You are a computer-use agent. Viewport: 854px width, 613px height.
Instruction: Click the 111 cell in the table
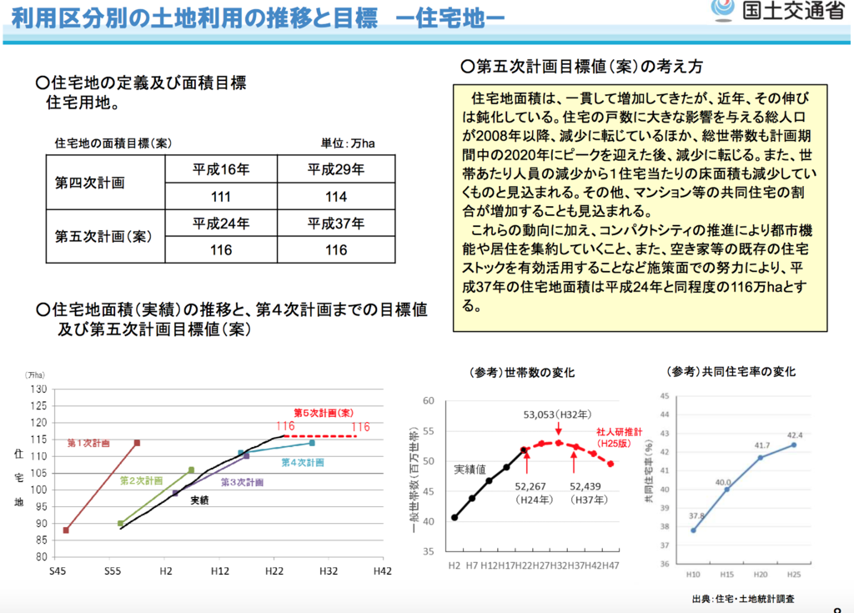(221, 196)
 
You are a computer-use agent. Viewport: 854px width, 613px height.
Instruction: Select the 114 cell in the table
(336, 196)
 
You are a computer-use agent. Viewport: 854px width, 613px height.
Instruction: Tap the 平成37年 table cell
(336, 223)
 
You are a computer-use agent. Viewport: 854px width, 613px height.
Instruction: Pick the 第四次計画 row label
(90, 182)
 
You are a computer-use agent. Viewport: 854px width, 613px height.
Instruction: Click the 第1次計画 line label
(88, 444)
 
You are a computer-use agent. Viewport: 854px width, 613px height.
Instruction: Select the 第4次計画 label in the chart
(303, 462)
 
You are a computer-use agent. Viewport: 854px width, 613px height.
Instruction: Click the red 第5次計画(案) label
(324, 413)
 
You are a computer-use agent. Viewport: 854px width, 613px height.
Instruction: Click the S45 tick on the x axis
(57, 571)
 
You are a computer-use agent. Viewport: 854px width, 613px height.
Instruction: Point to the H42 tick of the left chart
(381, 571)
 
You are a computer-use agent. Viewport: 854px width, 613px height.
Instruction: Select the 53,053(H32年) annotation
(557, 415)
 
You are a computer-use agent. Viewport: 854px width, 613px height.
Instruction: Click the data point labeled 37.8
(693, 530)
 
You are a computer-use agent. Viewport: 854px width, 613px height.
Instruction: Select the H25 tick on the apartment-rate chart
(793, 575)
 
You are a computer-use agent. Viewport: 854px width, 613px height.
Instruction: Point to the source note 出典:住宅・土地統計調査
(742, 599)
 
